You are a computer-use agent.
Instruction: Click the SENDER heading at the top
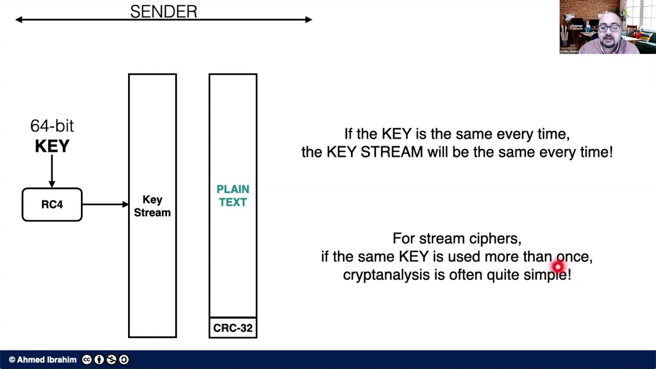tap(163, 11)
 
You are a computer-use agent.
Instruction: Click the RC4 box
tap(52, 204)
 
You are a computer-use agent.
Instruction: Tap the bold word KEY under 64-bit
tap(52, 146)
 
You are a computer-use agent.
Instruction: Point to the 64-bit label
tap(52, 126)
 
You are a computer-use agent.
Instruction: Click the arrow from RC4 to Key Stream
tap(105, 204)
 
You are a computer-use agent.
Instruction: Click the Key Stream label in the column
tap(152, 206)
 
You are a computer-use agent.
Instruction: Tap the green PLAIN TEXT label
tap(233, 196)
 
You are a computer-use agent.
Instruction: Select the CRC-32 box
tap(233, 328)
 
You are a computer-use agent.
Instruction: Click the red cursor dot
tap(558, 266)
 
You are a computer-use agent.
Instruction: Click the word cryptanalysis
tap(386, 275)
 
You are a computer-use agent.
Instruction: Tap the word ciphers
tap(495, 239)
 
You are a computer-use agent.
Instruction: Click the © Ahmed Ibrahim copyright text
tap(43, 360)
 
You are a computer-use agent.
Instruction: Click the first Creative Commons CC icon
tap(87, 360)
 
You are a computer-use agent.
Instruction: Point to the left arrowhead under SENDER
tap(19, 19)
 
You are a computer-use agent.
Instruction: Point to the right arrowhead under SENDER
tap(309, 19)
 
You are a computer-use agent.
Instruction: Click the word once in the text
tap(573, 257)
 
